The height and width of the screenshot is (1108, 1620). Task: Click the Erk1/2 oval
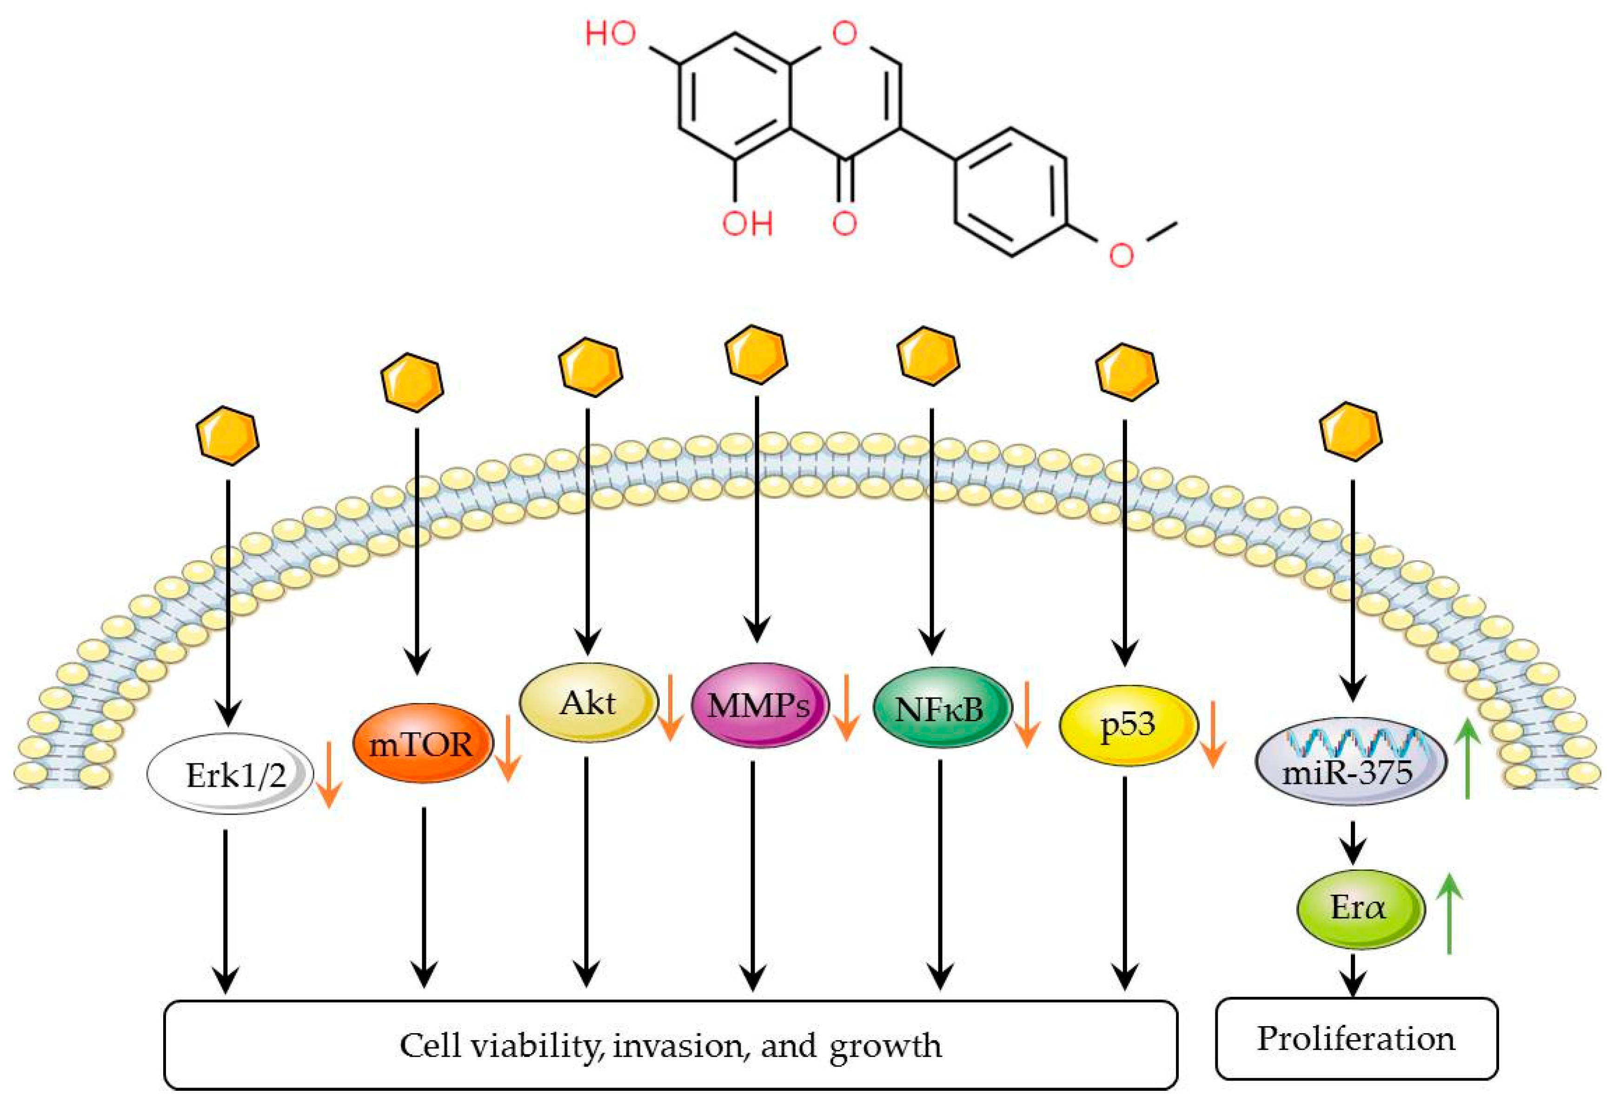point(231,774)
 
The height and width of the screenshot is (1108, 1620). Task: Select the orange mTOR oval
point(422,743)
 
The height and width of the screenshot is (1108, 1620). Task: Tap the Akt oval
point(588,703)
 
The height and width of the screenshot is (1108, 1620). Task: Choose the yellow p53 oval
point(1127,725)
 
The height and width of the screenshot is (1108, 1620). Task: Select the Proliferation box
point(1356,1038)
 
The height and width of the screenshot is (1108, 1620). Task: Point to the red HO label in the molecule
point(611,33)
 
